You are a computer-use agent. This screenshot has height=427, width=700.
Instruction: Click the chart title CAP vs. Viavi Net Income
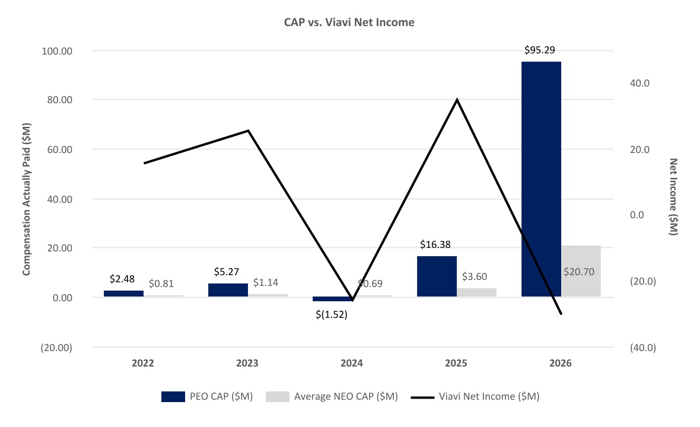pyautogui.click(x=349, y=23)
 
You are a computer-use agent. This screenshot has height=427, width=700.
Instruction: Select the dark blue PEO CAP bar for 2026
pyautogui.click(x=541, y=179)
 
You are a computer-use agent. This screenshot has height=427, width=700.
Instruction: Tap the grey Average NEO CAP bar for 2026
pyautogui.click(x=581, y=271)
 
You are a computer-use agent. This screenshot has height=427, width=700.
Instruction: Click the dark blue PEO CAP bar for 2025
pyautogui.click(x=437, y=276)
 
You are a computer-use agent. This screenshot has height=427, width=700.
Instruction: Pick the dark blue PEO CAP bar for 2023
pyautogui.click(x=228, y=290)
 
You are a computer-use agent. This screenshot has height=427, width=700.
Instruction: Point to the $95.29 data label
pyautogui.click(x=540, y=50)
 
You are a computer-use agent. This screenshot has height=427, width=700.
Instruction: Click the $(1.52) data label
pyautogui.click(x=331, y=314)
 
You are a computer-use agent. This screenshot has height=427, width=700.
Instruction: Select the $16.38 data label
pyautogui.click(x=435, y=244)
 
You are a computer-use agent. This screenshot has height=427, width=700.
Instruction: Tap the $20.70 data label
pyautogui.click(x=579, y=272)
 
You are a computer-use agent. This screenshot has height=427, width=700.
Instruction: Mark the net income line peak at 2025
pyautogui.click(x=457, y=99)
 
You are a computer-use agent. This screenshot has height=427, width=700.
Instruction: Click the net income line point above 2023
pyautogui.click(x=248, y=130)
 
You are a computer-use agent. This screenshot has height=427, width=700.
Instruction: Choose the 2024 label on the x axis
pyautogui.click(x=352, y=363)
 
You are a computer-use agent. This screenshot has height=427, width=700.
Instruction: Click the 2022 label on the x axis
pyautogui.click(x=143, y=363)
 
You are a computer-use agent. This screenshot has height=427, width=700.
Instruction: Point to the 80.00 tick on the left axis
pyautogui.click(x=60, y=100)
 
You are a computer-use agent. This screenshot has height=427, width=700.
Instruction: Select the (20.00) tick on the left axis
pyautogui.click(x=56, y=348)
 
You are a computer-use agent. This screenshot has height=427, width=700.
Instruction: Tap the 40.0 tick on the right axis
pyautogui.click(x=639, y=84)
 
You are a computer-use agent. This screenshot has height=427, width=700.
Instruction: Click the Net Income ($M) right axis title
pyautogui.click(x=673, y=197)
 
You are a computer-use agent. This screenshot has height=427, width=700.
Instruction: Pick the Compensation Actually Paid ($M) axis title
pyautogui.click(x=26, y=199)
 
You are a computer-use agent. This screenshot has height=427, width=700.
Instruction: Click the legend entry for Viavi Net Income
pyautogui.click(x=475, y=397)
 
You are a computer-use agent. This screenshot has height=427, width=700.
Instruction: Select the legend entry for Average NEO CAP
pyautogui.click(x=332, y=397)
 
